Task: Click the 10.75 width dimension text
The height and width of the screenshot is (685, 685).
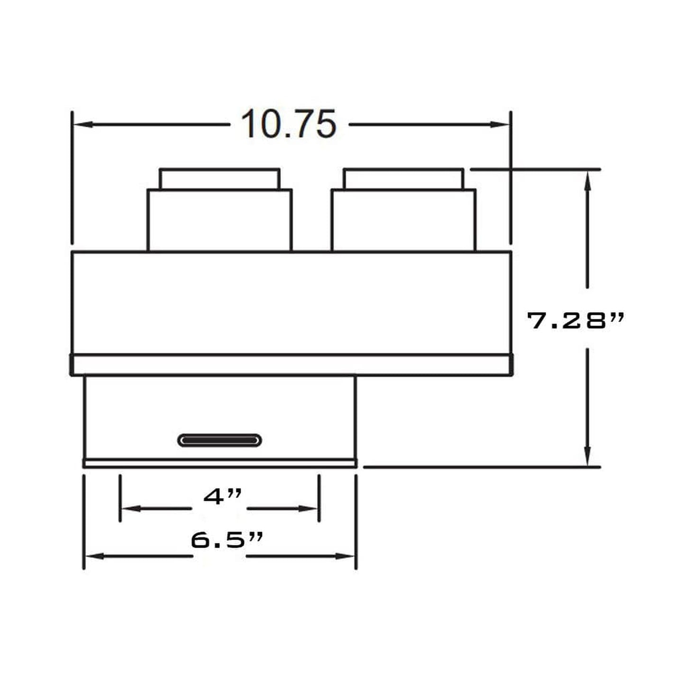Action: [x=289, y=124]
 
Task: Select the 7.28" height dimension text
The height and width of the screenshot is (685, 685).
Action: [x=575, y=321]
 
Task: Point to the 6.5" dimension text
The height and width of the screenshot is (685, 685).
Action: [x=226, y=539]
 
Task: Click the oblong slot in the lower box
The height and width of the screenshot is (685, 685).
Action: [x=219, y=440]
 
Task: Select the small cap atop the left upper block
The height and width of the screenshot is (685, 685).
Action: [x=219, y=179]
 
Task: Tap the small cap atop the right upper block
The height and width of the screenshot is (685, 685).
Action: [x=404, y=179]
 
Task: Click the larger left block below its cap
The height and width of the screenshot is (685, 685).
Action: [x=219, y=220]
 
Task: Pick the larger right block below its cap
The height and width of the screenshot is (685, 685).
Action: [x=403, y=220]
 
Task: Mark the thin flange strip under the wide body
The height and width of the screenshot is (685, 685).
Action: [x=291, y=365]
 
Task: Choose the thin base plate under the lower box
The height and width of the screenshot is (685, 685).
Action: [x=220, y=463]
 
